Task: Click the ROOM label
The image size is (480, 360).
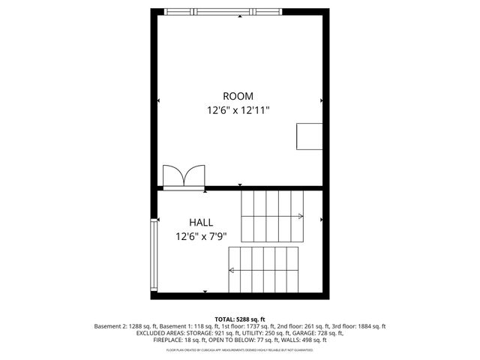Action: (x=238, y=96)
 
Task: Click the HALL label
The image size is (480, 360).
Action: (x=200, y=223)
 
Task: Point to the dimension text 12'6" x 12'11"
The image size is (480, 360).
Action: (x=238, y=110)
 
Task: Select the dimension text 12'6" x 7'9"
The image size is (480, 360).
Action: (x=200, y=236)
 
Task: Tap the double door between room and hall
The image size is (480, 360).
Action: (x=183, y=176)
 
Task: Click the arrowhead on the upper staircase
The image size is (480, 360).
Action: (x=300, y=217)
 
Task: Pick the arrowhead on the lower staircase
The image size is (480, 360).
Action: (x=232, y=271)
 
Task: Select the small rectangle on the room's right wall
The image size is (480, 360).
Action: (x=309, y=136)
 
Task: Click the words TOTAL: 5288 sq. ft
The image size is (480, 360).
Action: (x=240, y=319)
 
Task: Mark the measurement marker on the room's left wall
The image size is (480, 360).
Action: (x=158, y=100)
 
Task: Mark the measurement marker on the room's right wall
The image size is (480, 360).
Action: (x=322, y=100)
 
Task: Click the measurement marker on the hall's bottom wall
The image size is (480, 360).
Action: (x=205, y=292)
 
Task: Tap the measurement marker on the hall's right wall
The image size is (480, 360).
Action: (x=322, y=220)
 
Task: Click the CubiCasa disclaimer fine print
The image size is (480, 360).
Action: (x=240, y=349)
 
